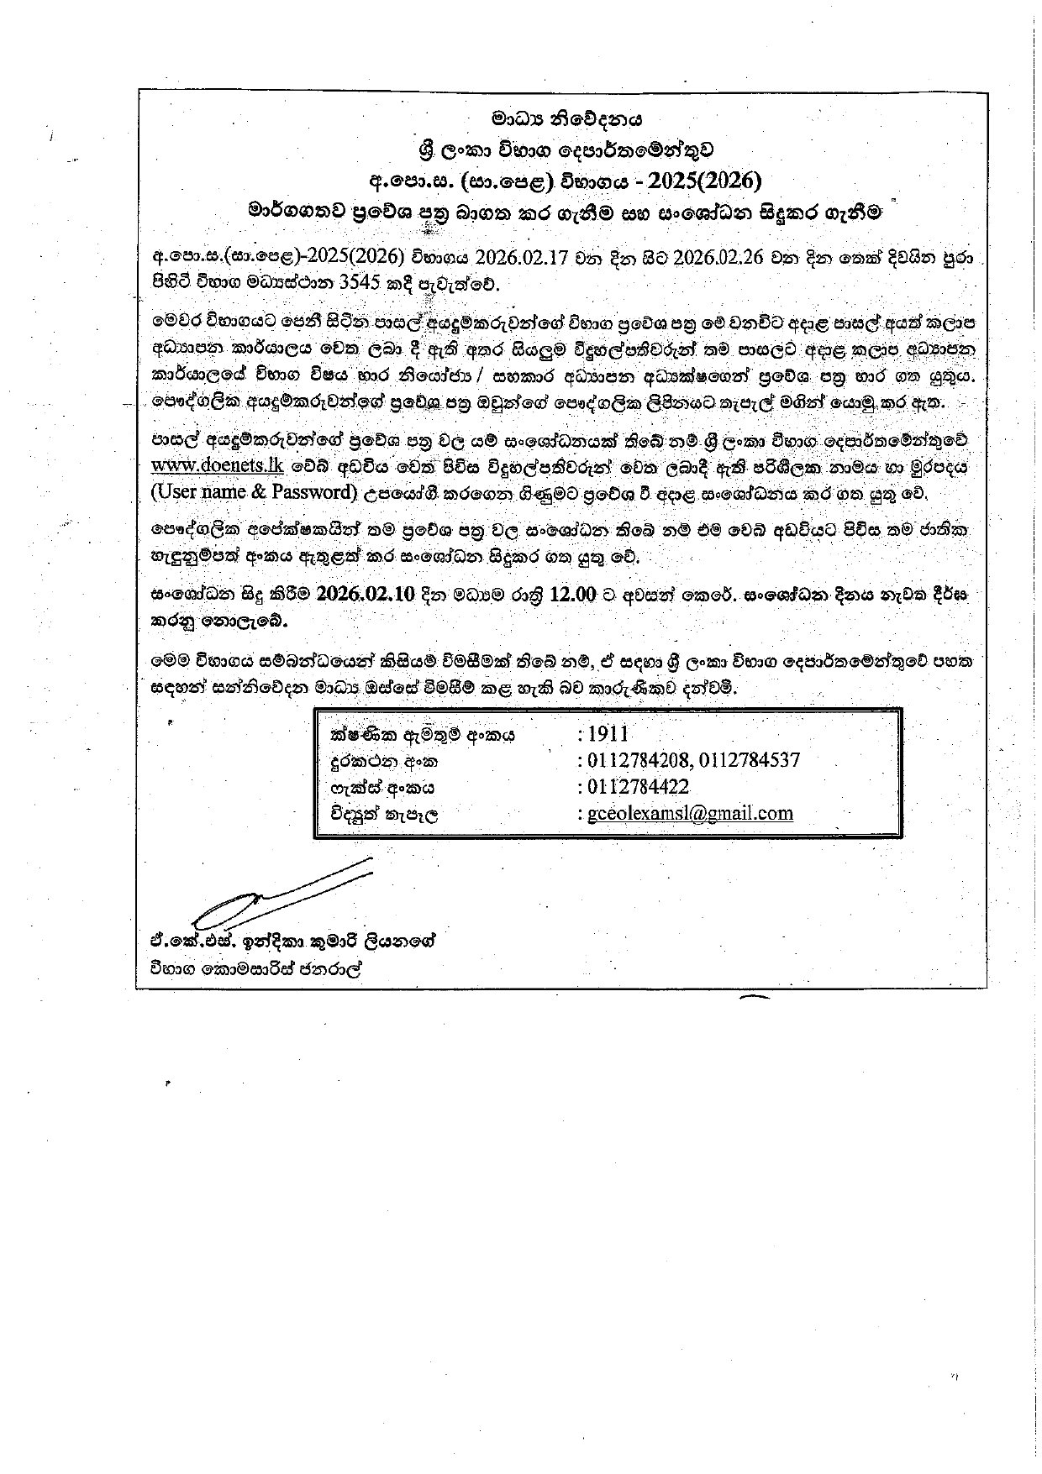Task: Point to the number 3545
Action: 354,283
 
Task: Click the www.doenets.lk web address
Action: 217,465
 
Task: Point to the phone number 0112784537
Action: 750,760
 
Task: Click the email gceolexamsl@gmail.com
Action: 690,813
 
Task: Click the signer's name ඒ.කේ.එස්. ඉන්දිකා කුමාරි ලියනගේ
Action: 291,941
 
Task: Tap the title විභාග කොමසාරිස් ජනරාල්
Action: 260,968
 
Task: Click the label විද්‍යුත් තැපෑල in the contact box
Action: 386,814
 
